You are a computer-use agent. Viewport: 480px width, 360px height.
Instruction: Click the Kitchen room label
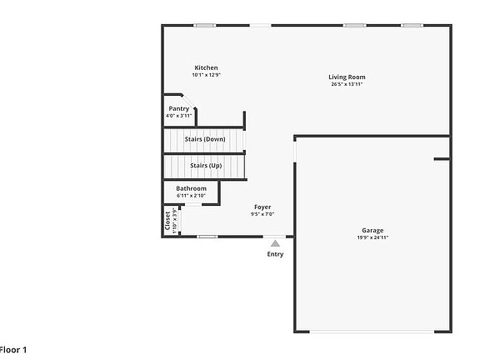206,67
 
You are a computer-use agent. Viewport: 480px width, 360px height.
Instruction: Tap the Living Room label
347,77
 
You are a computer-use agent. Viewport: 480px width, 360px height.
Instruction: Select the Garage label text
372,230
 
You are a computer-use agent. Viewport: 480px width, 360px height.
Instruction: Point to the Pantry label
179,108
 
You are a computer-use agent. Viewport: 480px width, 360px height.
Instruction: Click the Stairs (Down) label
205,139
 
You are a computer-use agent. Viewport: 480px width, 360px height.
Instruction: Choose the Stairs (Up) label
206,166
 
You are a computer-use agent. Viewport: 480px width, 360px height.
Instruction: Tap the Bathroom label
191,188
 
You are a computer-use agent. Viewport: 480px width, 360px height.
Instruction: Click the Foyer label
262,207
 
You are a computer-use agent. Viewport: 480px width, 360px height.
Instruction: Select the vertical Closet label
167,220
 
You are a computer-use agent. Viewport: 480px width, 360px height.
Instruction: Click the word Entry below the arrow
275,254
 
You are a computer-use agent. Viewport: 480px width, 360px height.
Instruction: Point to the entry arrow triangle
275,242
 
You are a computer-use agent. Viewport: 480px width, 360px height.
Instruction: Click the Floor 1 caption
13,350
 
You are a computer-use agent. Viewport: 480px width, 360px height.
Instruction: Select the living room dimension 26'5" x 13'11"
347,85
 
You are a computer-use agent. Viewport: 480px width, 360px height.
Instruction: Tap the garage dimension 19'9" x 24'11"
372,237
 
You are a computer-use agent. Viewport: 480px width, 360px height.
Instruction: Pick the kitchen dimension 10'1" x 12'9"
206,75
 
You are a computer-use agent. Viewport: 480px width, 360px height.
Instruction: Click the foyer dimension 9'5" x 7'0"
262,214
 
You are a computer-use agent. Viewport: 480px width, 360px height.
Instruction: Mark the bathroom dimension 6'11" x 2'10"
191,195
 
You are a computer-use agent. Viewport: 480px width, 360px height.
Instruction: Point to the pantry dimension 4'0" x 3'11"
179,116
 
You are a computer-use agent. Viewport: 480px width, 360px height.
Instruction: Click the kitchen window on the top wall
205,25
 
